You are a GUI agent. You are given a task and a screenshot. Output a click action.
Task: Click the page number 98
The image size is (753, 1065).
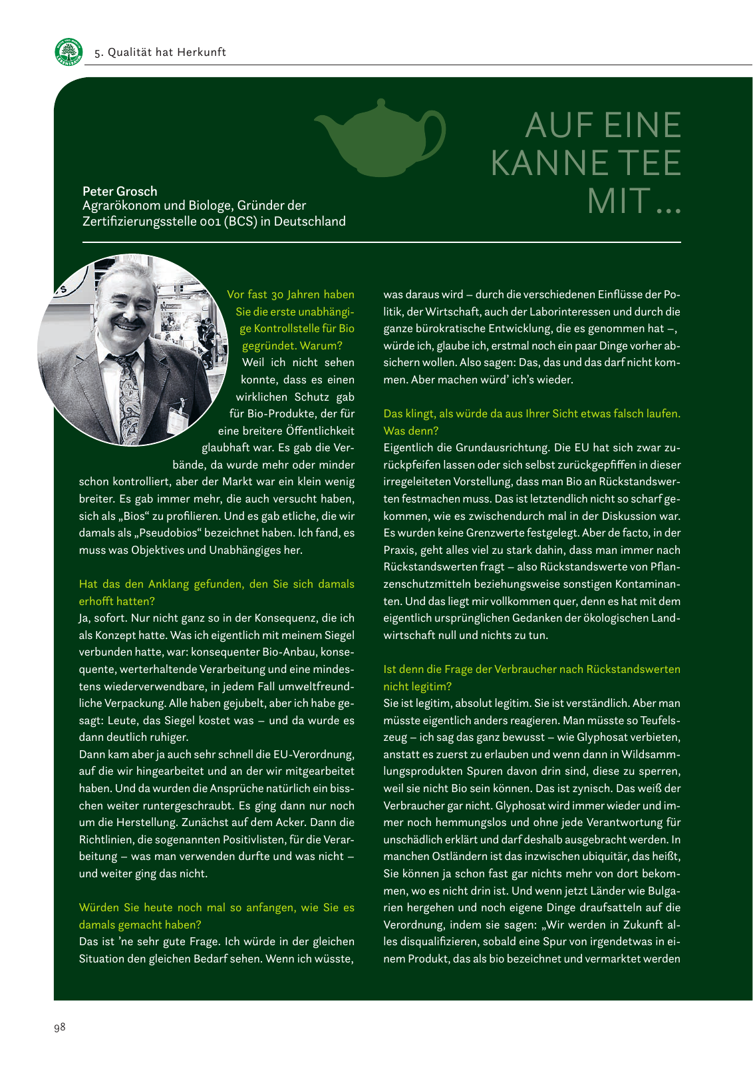pos(60,1027)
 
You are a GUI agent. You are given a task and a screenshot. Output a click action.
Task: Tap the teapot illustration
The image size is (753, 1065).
pos(379,138)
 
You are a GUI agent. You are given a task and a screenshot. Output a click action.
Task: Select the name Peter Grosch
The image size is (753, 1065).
pos(120,191)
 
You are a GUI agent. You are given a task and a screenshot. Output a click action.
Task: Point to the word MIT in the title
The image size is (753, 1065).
pos(619,202)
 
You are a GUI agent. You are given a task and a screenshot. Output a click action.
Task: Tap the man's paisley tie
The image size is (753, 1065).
pos(128,393)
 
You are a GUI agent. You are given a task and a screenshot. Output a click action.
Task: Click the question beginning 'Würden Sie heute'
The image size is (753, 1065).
pos(216,916)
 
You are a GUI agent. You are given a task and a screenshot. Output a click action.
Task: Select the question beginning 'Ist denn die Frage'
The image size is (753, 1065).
pos(531,678)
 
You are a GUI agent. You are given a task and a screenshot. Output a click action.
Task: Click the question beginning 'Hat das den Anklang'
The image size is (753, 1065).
pos(216,592)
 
